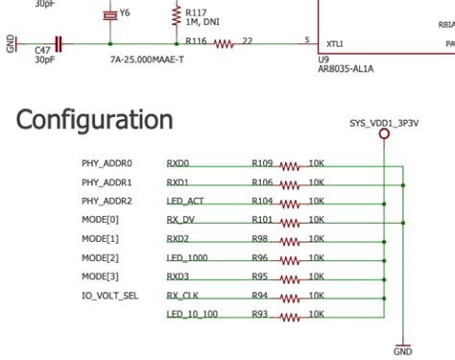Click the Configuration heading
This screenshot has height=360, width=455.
coord(95,120)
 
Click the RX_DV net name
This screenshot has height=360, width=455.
coord(180,221)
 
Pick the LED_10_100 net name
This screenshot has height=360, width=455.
coord(192,314)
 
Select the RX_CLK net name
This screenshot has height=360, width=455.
coord(182,296)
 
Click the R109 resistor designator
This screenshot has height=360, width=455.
coord(263,163)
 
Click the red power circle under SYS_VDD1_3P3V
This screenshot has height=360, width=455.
coord(385,135)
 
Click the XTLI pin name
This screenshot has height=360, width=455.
coord(336,44)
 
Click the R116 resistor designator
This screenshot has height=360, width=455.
coord(196,40)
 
